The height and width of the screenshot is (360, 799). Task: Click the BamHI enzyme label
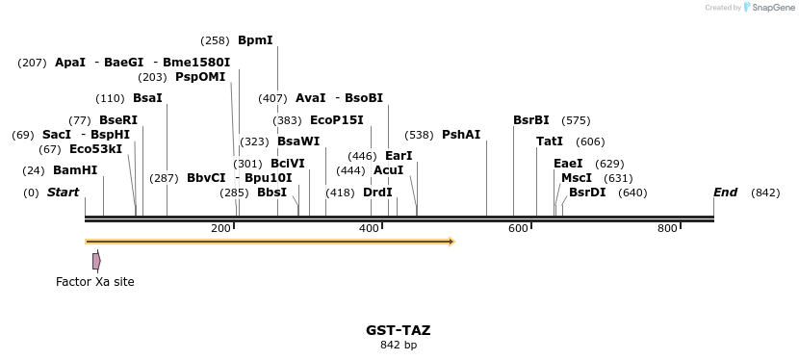[75, 170]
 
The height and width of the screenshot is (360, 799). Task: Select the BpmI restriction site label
[255, 40]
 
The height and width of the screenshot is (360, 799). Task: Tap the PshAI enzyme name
[461, 135]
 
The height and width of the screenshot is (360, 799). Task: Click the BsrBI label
[531, 120]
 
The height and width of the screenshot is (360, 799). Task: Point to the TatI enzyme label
[550, 141]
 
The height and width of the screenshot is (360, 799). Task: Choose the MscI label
[577, 178]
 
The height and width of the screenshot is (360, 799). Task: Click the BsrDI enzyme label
[587, 193]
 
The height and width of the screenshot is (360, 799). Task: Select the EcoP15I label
[337, 120]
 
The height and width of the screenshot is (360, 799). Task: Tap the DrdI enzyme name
[378, 193]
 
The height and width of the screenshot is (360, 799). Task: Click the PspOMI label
[200, 77]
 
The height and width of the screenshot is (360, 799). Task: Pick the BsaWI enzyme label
[298, 141]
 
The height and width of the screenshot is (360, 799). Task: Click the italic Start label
[63, 193]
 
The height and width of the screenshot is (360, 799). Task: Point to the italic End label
[725, 193]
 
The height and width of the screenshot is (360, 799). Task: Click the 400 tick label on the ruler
[369, 228]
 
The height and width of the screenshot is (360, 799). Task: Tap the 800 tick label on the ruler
[667, 228]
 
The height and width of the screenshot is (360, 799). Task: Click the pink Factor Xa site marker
[96, 261]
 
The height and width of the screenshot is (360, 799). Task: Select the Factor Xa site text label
[95, 282]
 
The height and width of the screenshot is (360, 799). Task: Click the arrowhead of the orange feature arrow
[450, 242]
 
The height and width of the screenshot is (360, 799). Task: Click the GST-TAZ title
[398, 330]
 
